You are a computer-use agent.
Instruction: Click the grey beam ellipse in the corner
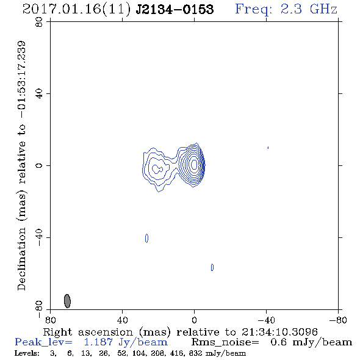pyautogui.click(x=67, y=301)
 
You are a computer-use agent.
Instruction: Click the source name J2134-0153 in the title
pyautogui.click(x=175, y=9)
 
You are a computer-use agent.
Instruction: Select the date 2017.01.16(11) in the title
pyautogui.click(x=76, y=9)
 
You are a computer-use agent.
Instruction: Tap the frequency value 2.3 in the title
pyautogui.click(x=291, y=9)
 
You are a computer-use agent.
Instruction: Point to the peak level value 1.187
pyautogui.click(x=98, y=342)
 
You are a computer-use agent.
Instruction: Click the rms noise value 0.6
pyautogui.click(x=278, y=342)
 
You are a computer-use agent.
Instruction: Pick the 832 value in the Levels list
pyautogui.click(x=196, y=353)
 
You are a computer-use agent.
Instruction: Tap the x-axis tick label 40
pyautogui.click(x=122, y=320)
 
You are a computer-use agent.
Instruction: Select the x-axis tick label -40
pyautogui.click(x=266, y=320)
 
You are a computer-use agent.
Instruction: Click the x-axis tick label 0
pyautogui.click(x=194, y=320)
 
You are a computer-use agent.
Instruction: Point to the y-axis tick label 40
pyautogui.click(x=39, y=94)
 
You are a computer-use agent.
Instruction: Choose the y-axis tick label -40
pyautogui.click(x=39, y=237)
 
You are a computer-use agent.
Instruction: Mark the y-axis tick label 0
pyautogui.click(x=39, y=165)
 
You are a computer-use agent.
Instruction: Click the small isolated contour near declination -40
pyautogui.click(x=146, y=239)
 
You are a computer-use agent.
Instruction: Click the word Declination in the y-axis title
pyautogui.click(x=21, y=259)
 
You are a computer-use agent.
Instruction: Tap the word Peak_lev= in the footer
pyautogui.click(x=43, y=342)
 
